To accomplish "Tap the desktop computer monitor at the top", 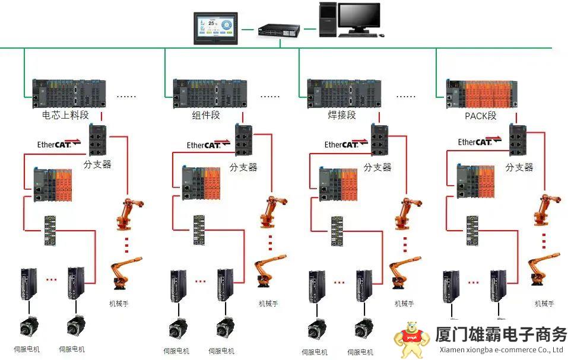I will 359,18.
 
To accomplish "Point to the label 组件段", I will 206,115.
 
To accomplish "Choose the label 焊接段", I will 342,115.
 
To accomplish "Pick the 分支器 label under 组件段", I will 243,167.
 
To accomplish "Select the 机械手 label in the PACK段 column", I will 544,304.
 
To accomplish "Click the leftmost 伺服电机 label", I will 27,349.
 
